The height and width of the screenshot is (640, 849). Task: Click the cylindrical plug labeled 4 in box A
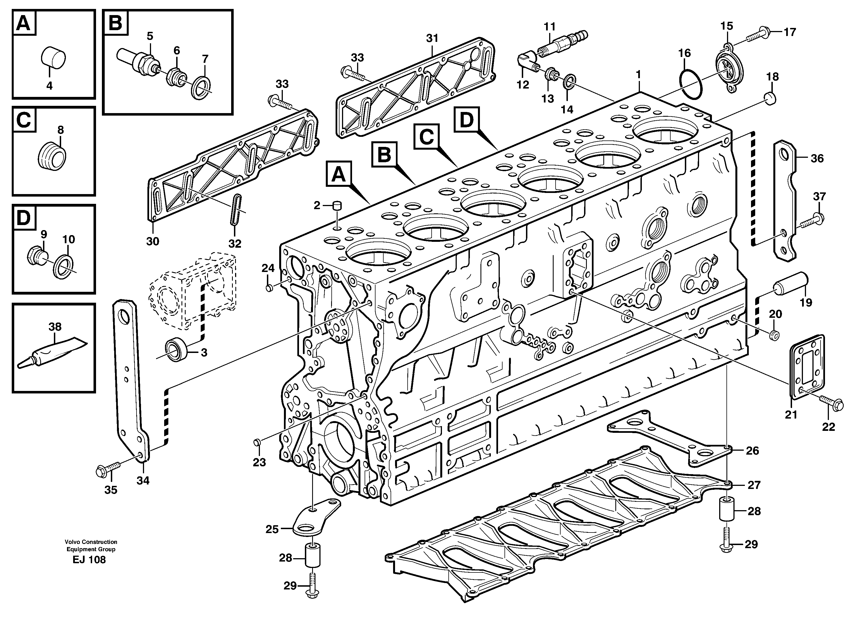(x=53, y=58)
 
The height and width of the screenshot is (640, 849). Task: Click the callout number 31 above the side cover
(x=432, y=38)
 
